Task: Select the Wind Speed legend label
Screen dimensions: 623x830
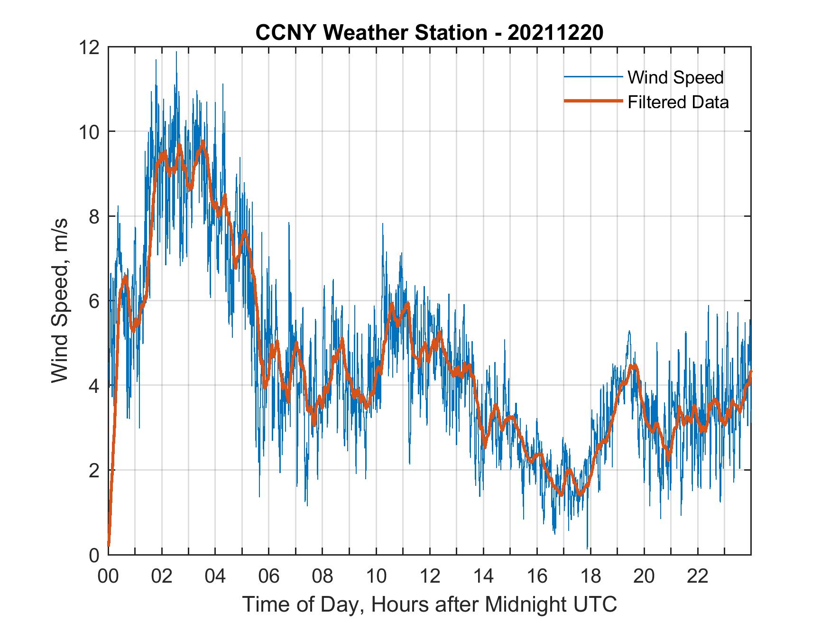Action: (675, 77)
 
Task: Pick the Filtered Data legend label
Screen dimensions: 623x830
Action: (678, 102)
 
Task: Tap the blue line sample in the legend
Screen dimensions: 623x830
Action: (593, 77)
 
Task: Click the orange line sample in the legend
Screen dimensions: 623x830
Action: (593, 101)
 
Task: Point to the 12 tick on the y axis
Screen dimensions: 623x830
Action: (90, 47)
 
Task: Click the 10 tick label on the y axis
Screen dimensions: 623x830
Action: (90, 132)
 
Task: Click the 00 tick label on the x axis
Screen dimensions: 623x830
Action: (108, 577)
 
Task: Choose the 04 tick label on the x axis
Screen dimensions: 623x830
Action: (215, 577)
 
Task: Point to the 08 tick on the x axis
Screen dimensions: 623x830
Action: (323, 577)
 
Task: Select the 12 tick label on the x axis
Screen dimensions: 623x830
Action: (430, 577)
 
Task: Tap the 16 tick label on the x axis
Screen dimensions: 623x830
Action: (537, 577)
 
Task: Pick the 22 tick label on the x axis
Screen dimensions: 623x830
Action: (698, 577)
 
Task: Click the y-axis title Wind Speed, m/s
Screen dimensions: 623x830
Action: (60, 300)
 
